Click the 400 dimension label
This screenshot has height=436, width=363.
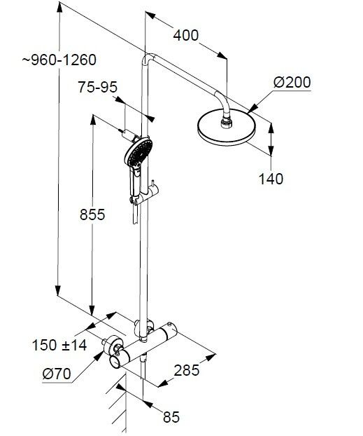tap(186, 36)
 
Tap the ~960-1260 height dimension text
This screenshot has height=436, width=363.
tap(59, 60)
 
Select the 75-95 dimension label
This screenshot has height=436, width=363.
tap(97, 87)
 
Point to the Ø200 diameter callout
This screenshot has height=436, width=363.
tap(292, 82)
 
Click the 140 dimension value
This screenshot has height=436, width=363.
tap(271, 179)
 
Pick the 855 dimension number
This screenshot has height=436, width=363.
tap(92, 214)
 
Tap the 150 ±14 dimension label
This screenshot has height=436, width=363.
tap(59, 346)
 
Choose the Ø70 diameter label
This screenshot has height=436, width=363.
tap(57, 374)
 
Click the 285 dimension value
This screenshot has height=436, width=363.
tap(187, 370)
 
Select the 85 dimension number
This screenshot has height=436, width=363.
tap(171, 417)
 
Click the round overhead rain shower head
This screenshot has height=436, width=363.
tap(226, 128)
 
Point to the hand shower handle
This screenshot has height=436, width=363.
tap(136, 182)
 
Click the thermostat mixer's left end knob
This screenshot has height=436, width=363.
tap(115, 362)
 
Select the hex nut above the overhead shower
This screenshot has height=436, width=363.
tap(226, 123)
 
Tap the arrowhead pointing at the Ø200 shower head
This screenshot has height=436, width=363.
tap(252, 109)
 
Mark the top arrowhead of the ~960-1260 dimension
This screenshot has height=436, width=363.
tap(59, 8)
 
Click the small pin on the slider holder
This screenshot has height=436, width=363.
tap(152, 184)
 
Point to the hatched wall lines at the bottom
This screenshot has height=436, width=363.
tap(118, 404)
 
